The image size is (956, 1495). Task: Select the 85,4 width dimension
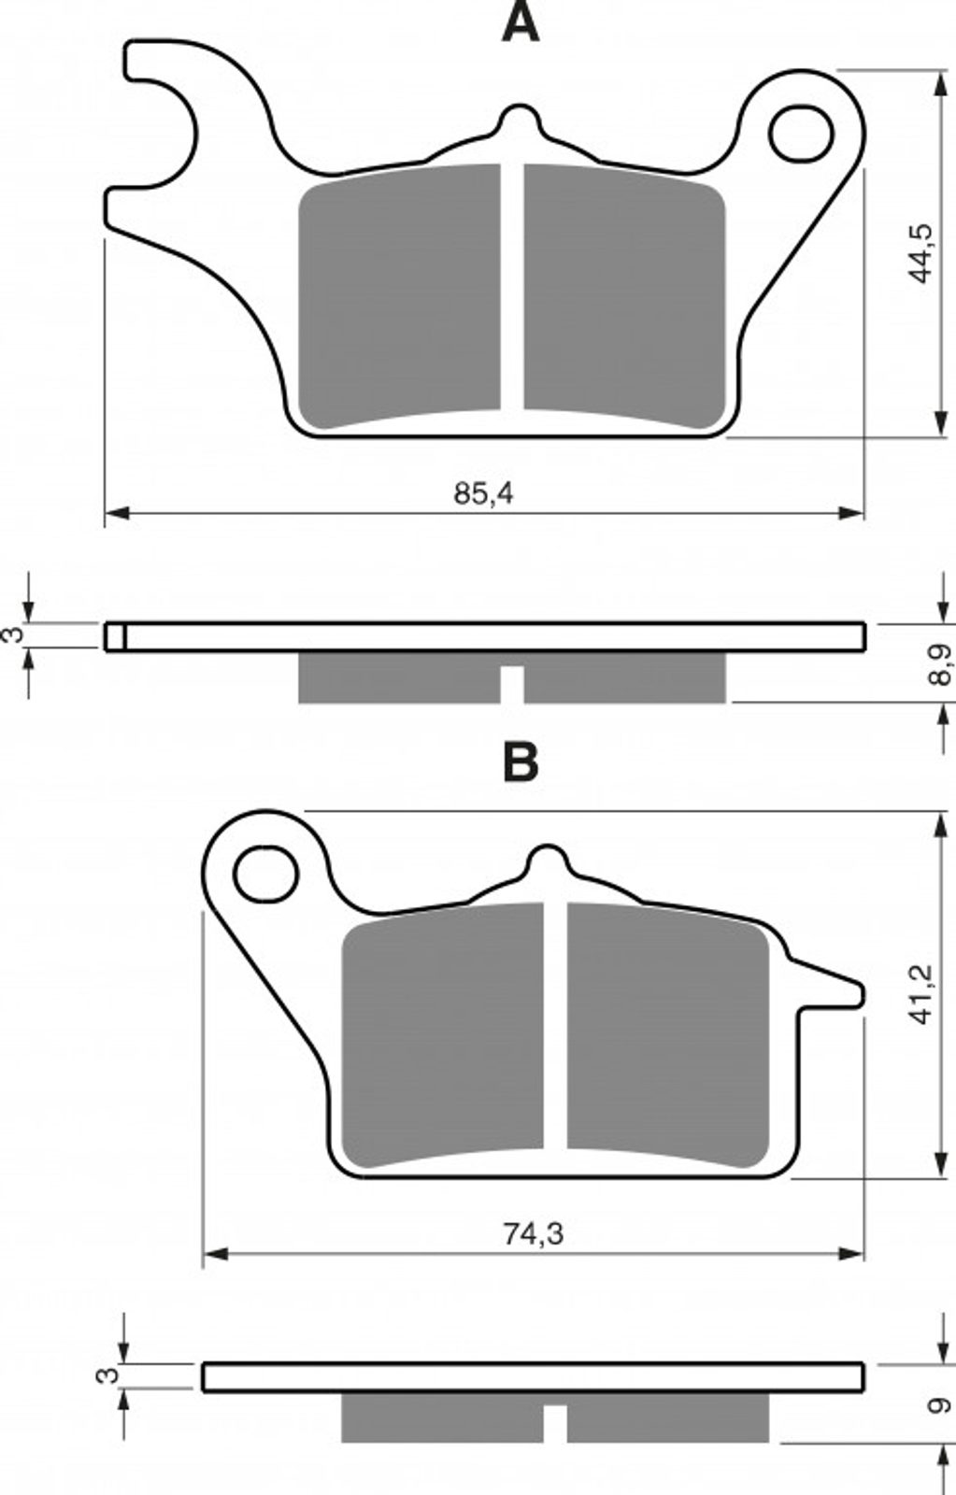(x=484, y=494)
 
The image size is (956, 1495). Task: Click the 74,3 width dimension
(x=533, y=1234)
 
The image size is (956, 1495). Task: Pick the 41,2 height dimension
(x=920, y=994)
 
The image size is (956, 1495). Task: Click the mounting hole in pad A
(x=801, y=135)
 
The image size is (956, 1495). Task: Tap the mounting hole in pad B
(x=265, y=875)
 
